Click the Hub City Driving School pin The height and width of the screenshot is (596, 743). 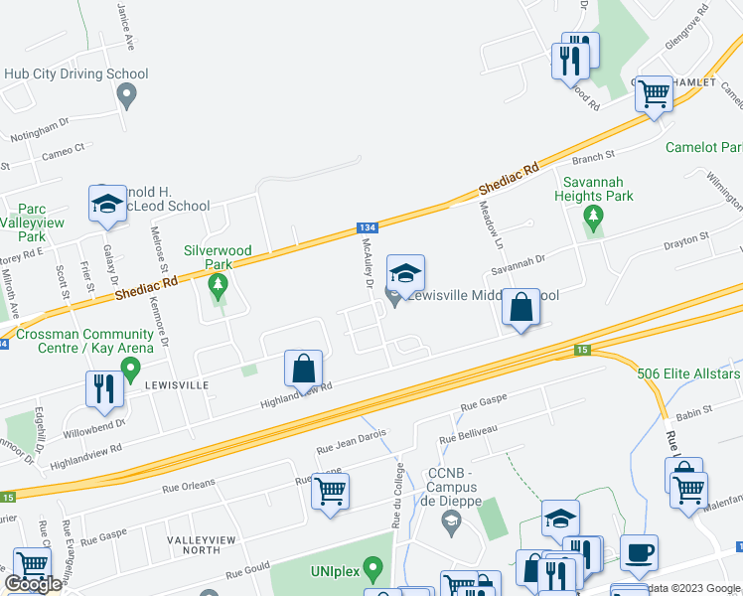pyautogui.click(x=126, y=95)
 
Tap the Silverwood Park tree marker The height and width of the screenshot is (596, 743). pyautogui.click(x=218, y=288)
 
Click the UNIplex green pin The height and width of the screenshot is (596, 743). pyautogui.click(x=373, y=570)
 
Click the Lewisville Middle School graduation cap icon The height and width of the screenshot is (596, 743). pyautogui.click(x=404, y=274)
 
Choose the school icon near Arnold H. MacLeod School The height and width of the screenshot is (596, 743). pyautogui.click(x=107, y=205)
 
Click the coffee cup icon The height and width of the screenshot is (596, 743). pyautogui.click(x=639, y=552)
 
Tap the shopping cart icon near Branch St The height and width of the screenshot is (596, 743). pyautogui.click(x=654, y=95)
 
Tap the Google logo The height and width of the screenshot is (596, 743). pyautogui.click(x=32, y=584)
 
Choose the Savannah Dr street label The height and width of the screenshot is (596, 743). pyautogui.click(x=517, y=266)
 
